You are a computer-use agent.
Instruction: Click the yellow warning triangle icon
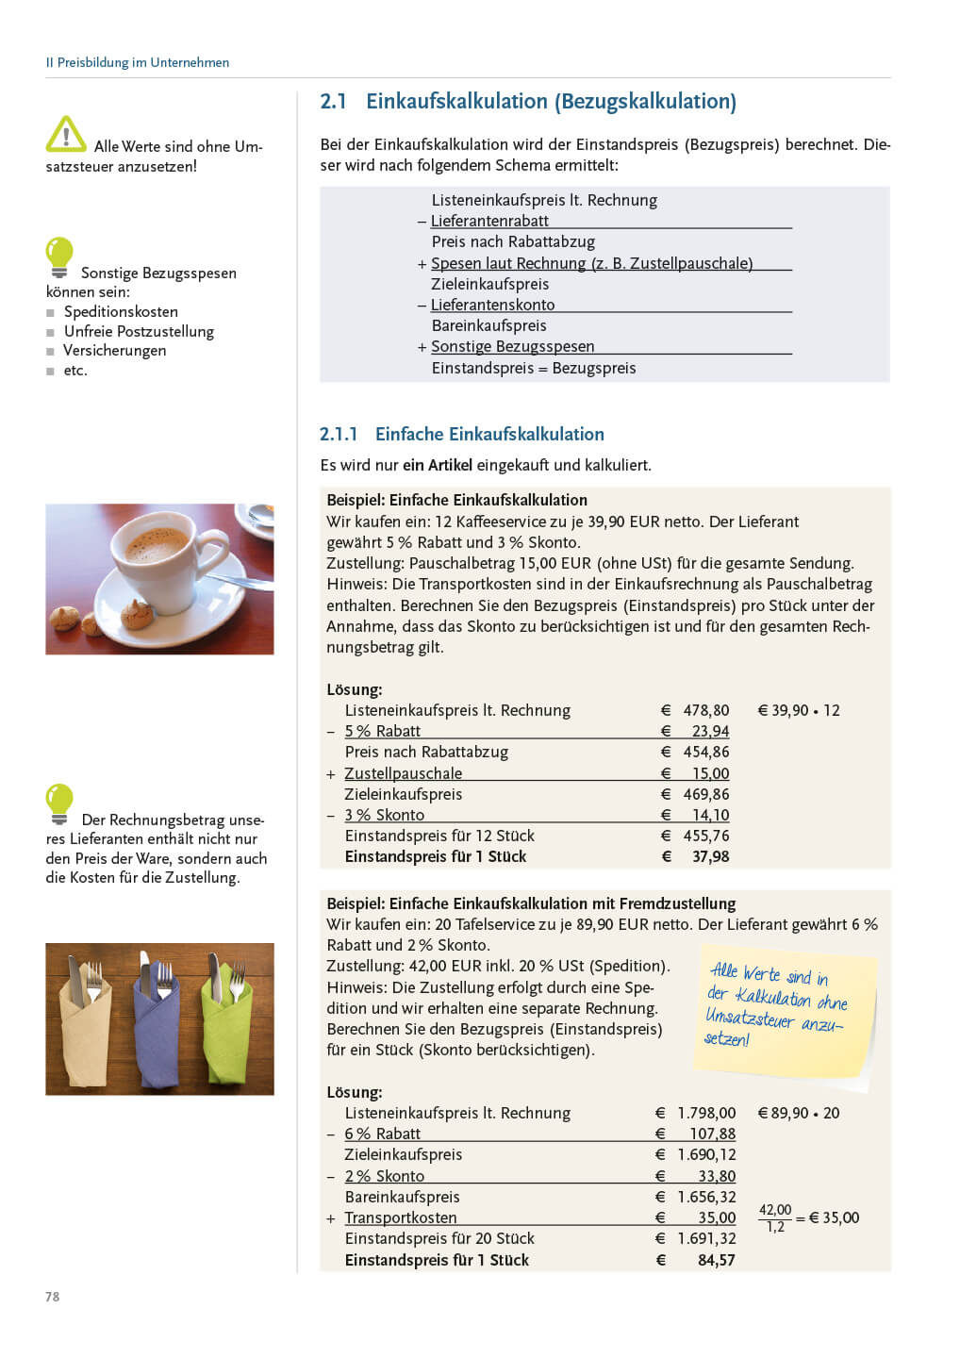[66, 134]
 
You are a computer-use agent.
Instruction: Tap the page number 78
[53, 1297]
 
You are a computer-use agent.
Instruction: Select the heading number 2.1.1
[339, 435]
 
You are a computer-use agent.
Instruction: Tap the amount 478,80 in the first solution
[705, 710]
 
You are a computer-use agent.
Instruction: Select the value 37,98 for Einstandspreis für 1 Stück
[710, 856]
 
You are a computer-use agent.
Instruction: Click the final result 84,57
[716, 1260]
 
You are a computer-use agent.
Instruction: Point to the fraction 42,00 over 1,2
[775, 1217]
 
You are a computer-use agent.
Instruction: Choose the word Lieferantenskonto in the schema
[492, 305]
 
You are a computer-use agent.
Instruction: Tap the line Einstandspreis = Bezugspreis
[534, 368]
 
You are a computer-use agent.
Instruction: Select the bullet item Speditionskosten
[121, 311]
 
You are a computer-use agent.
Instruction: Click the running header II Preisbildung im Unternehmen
[138, 62]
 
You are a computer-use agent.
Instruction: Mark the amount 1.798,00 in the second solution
[706, 1113]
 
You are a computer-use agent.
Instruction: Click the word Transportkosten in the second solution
[401, 1217]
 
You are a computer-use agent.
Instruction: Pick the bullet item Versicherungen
[114, 350]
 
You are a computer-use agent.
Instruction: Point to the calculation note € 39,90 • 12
[799, 710]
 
